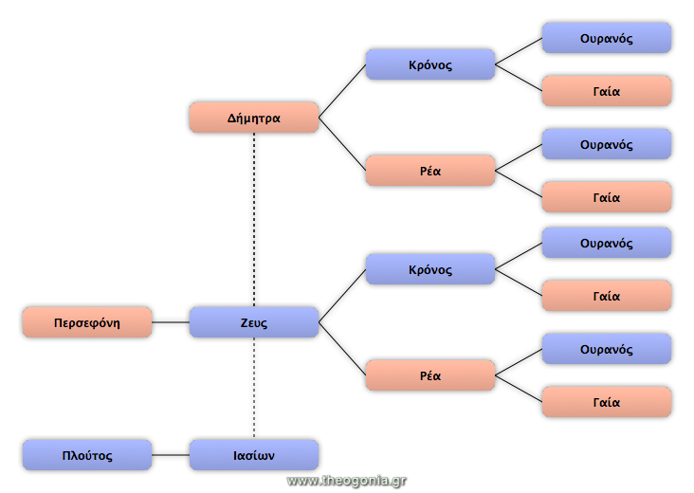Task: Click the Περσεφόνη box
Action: pos(87,322)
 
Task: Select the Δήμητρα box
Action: pos(254,118)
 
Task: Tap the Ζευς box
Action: pos(254,322)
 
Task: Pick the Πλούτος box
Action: pos(87,455)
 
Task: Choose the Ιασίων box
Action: pos(254,455)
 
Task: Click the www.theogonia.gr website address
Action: pos(347,481)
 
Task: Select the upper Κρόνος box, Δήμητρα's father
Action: pos(430,64)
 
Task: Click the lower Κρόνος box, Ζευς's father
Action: pos(430,269)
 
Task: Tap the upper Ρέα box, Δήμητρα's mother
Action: pos(430,171)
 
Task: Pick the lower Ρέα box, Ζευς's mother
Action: pos(430,375)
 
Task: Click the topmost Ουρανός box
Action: pos(607,38)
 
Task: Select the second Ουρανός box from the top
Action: pos(607,144)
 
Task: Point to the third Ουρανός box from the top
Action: pos(607,243)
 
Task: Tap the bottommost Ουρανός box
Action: pos(607,349)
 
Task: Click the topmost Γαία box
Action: pos(607,91)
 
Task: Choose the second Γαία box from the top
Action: pos(607,197)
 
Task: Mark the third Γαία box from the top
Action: pos(607,296)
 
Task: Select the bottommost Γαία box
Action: pos(607,402)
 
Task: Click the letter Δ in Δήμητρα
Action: pos(232,119)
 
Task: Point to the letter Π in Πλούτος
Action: pos(66,455)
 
